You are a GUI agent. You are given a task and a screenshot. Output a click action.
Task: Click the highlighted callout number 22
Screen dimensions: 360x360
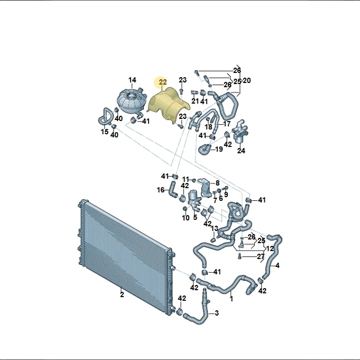[x=162, y=82]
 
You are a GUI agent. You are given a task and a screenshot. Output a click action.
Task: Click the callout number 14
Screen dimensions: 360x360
[x=132, y=80]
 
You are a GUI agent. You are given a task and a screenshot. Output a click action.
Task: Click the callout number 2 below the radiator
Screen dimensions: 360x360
[x=122, y=294]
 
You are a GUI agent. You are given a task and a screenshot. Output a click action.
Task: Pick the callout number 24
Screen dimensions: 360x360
[x=241, y=151]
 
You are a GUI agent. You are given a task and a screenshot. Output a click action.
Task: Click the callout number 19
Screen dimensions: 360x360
[x=219, y=149]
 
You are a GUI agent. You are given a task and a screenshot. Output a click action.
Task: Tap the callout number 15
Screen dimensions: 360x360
[x=105, y=132]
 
